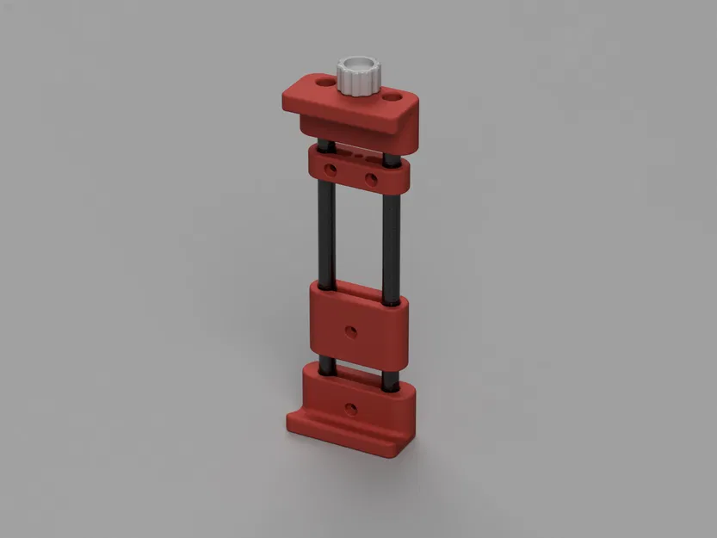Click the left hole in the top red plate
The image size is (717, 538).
pyautogui.click(x=323, y=83)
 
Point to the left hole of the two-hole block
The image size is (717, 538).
pyautogui.click(x=331, y=166)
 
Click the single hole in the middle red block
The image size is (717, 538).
pyautogui.click(x=350, y=329)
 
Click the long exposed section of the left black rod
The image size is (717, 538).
pyautogui.click(x=325, y=232)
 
